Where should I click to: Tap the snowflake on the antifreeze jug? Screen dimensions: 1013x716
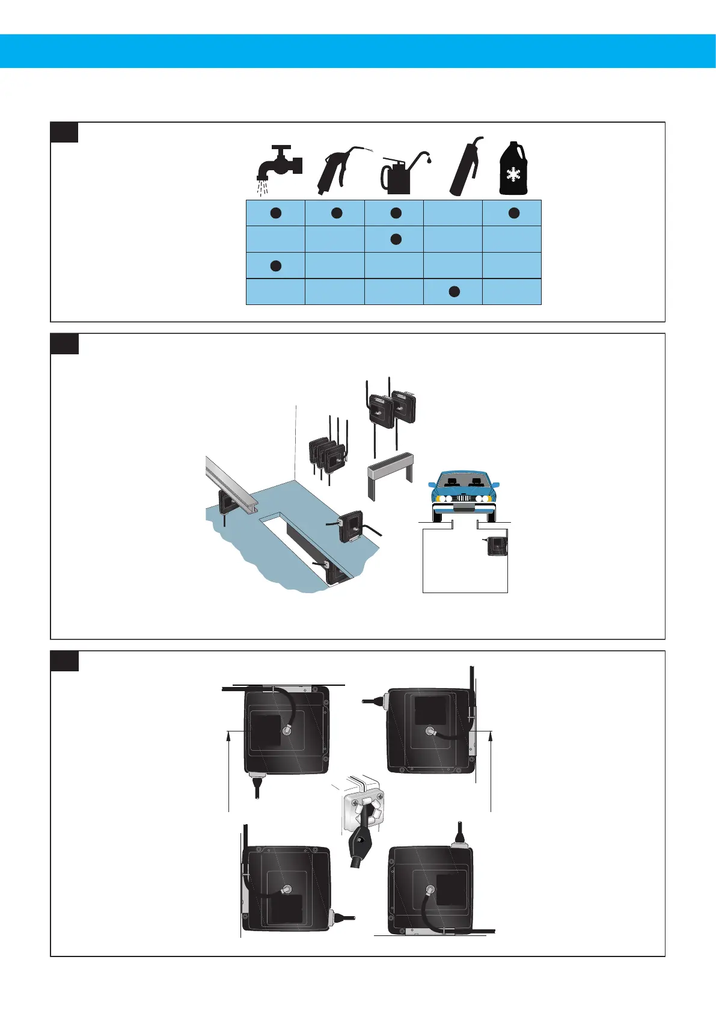point(513,175)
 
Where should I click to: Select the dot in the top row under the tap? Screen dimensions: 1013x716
point(275,213)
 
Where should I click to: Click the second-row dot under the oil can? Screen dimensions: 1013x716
point(396,239)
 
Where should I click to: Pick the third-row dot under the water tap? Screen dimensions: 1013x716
point(275,265)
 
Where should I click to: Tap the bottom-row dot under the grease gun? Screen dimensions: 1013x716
point(454,292)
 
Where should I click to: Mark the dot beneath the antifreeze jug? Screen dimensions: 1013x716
point(513,213)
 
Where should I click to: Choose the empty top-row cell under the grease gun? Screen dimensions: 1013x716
point(453,213)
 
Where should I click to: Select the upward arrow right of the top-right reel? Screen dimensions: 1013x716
point(492,770)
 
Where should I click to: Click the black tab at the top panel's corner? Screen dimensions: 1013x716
point(64,132)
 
